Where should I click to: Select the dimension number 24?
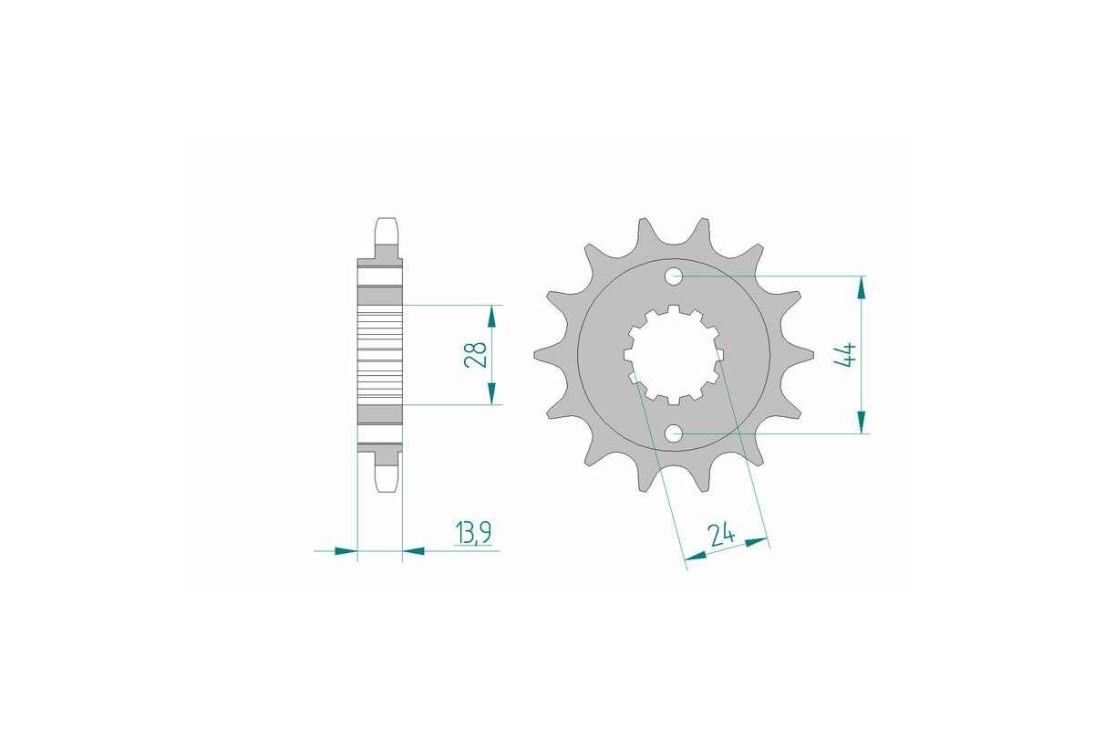pyautogui.click(x=721, y=532)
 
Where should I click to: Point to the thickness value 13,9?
pyautogui.click(x=473, y=533)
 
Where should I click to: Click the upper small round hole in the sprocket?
pyautogui.click(x=675, y=276)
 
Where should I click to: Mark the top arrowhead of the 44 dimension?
pyautogui.click(x=859, y=287)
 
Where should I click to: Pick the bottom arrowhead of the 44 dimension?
pyautogui.click(x=859, y=422)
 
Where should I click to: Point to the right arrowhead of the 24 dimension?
pyautogui.click(x=758, y=542)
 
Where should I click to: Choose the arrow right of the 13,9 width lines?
pyautogui.click(x=414, y=551)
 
